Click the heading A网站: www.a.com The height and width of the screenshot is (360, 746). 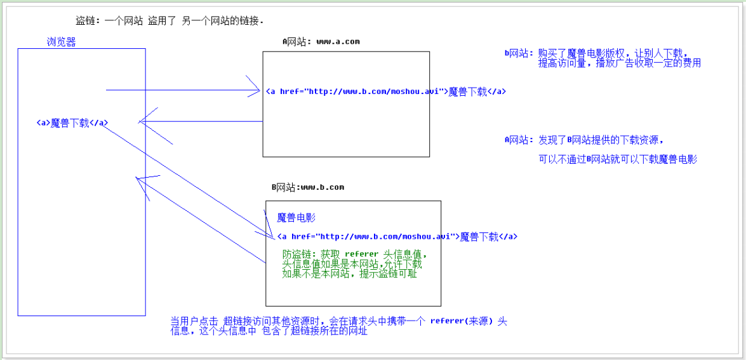[321, 42]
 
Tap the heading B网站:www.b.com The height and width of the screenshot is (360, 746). [308, 187]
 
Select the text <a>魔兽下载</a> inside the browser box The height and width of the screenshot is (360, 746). [72, 123]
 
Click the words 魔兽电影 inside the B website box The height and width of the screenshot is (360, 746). [296, 218]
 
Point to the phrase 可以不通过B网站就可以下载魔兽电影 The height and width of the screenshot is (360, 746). [617, 159]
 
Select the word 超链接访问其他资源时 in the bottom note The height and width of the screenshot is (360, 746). [272, 321]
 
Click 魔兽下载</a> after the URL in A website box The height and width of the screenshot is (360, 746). [477, 91]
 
